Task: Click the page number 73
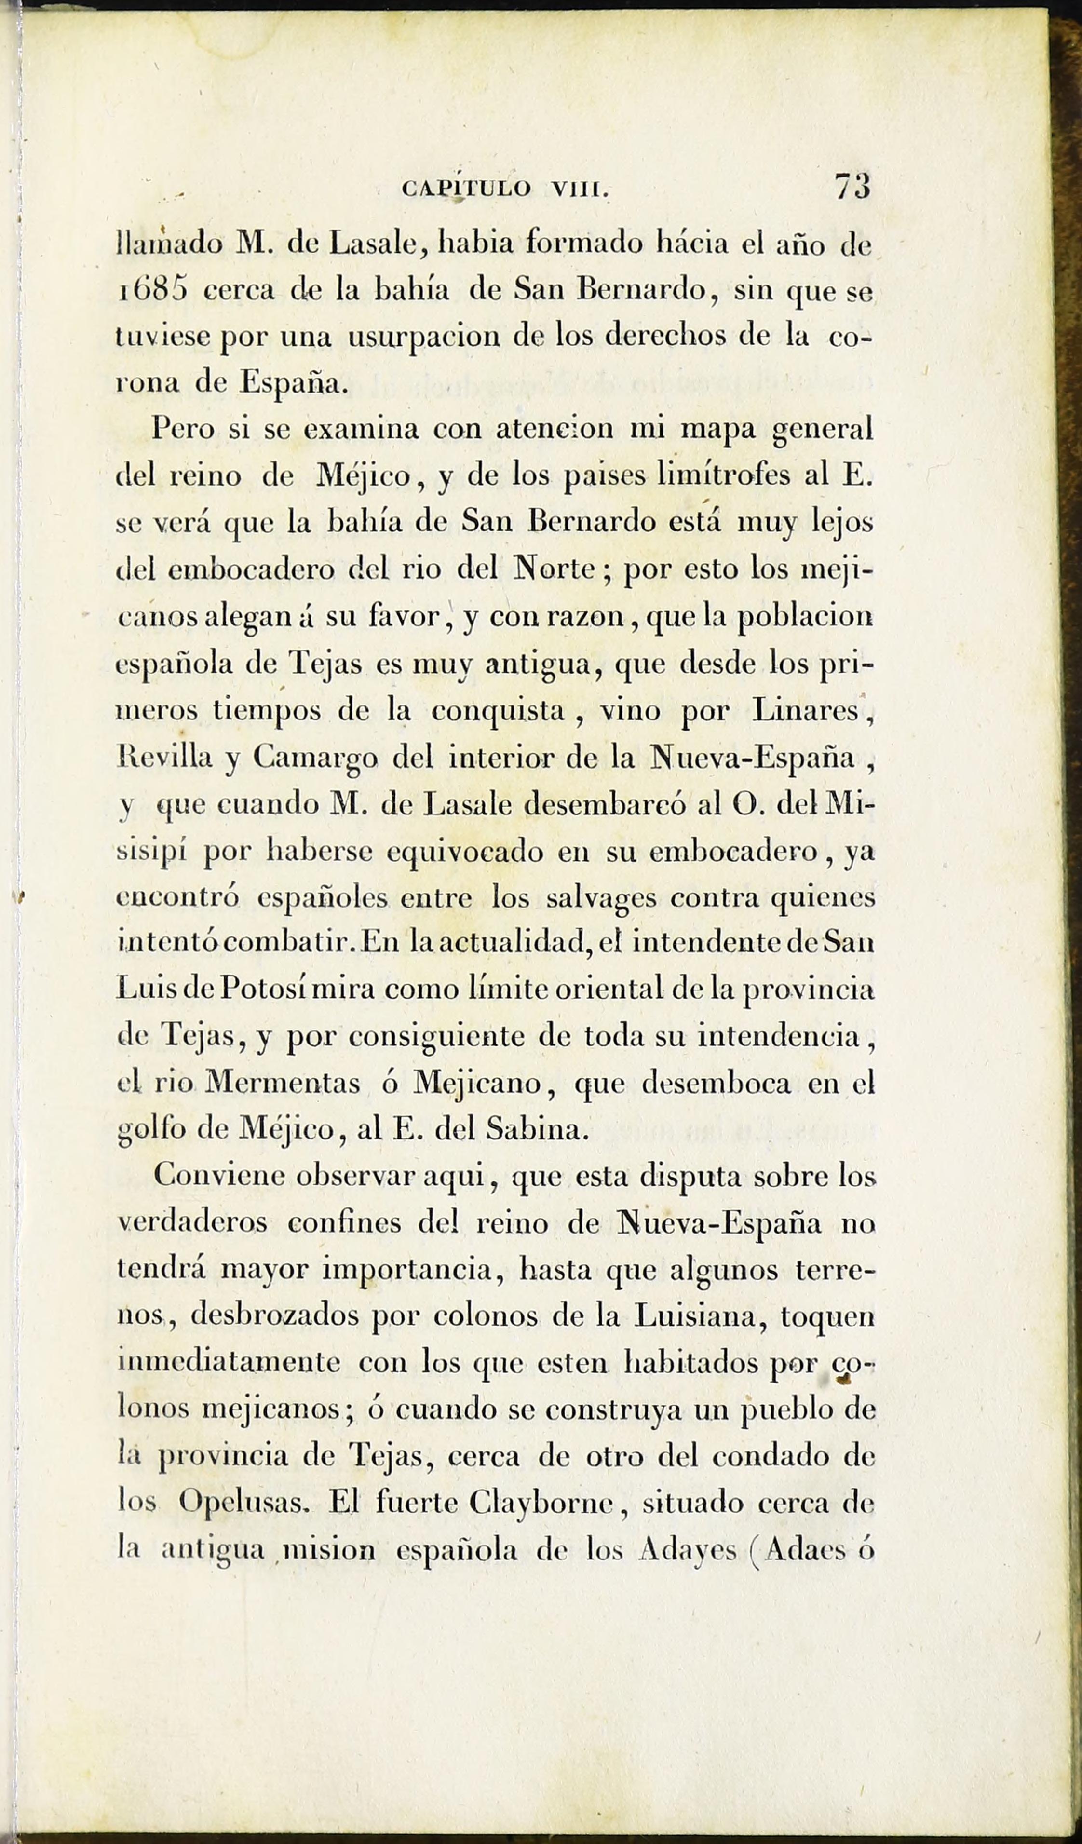pos(852,186)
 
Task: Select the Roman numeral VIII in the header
pos(580,190)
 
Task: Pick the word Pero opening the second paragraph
pos(183,430)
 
